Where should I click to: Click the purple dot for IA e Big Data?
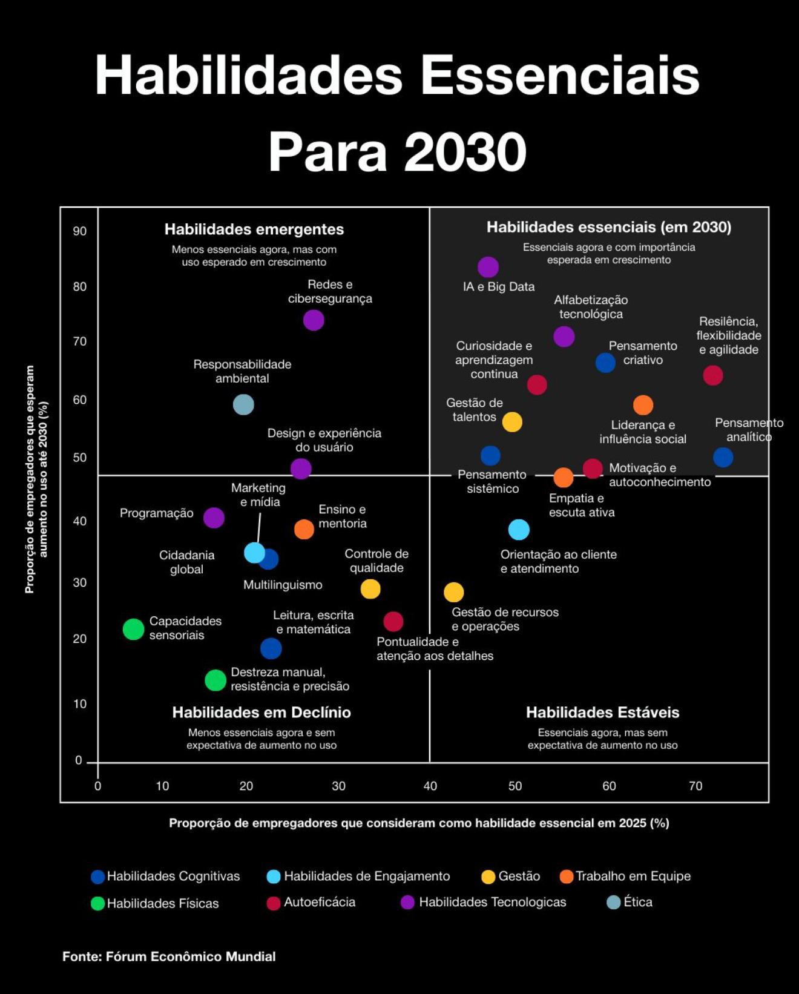(488, 267)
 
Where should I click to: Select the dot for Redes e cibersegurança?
(313, 320)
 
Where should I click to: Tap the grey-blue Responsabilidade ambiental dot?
(243, 404)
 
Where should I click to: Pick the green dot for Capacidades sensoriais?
(133, 629)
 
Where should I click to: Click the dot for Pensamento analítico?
(723, 457)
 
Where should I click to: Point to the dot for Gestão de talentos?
(512, 422)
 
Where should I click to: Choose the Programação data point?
(214, 518)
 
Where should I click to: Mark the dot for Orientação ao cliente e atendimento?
(519, 530)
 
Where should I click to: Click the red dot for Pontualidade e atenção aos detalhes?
(393, 621)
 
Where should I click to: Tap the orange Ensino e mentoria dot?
(304, 529)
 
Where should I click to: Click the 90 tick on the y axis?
(80, 231)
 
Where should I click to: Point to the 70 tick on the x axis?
(695, 786)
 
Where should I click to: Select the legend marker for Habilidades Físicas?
(97, 903)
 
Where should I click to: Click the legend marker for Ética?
(614, 902)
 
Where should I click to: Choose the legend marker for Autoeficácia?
(274, 903)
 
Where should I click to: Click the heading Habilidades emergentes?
(254, 229)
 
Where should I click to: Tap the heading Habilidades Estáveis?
(602, 713)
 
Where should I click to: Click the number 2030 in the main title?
(465, 152)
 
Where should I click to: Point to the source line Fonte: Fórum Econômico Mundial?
(169, 956)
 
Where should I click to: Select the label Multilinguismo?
(283, 585)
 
